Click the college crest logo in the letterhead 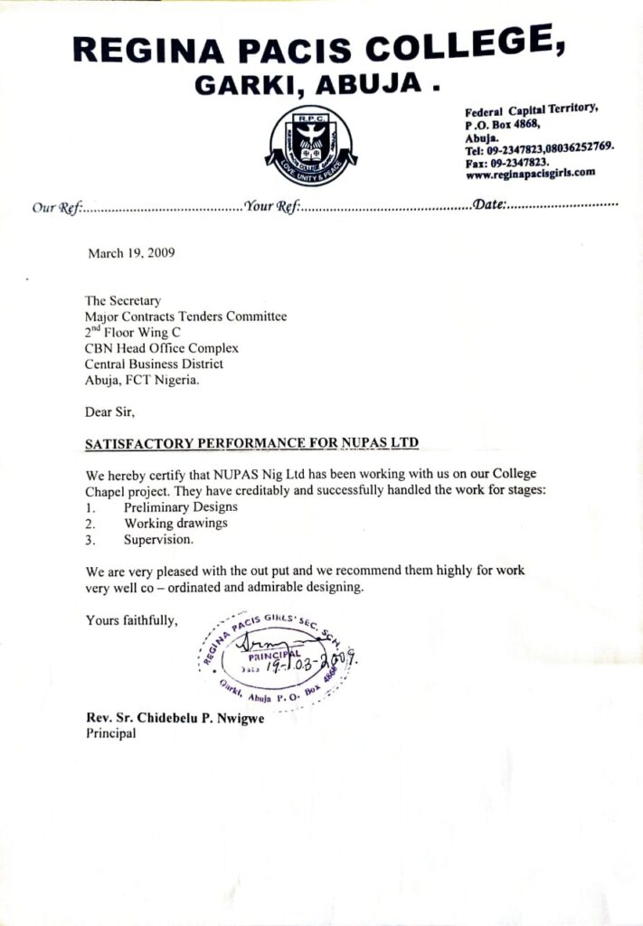tap(311, 146)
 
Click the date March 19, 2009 tap(131, 253)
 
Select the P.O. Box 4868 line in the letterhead tap(503, 125)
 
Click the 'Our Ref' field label tap(58, 207)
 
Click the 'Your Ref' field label tap(272, 207)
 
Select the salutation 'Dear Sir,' tap(109, 412)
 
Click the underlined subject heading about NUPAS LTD tap(252, 444)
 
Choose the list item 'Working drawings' tap(175, 523)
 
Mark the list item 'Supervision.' tap(158, 539)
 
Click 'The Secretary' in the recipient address tap(123, 301)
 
